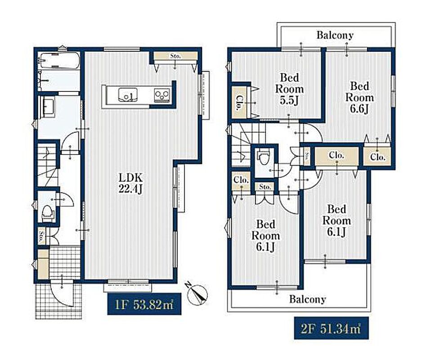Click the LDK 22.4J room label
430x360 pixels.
tap(130, 183)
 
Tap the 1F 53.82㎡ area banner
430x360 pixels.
tap(144, 304)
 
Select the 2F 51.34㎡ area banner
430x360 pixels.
tap(331, 328)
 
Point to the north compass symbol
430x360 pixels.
tap(197, 294)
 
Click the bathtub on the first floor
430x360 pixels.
tap(59, 60)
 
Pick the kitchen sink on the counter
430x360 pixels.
tap(128, 94)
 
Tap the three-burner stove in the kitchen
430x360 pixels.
tap(162, 95)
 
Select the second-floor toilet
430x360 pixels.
tap(264, 157)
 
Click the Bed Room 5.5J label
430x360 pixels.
tap(289, 89)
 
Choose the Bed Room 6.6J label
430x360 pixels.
tap(359, 98)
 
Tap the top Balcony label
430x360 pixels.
tap(335, 35)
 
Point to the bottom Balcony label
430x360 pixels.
tap(307, 299)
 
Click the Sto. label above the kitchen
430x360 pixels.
tap(175, 56)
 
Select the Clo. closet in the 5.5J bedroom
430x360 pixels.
tap(239, 103)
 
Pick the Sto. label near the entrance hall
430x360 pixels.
tap(41, 235)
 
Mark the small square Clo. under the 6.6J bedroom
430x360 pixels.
tap(377, 157)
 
